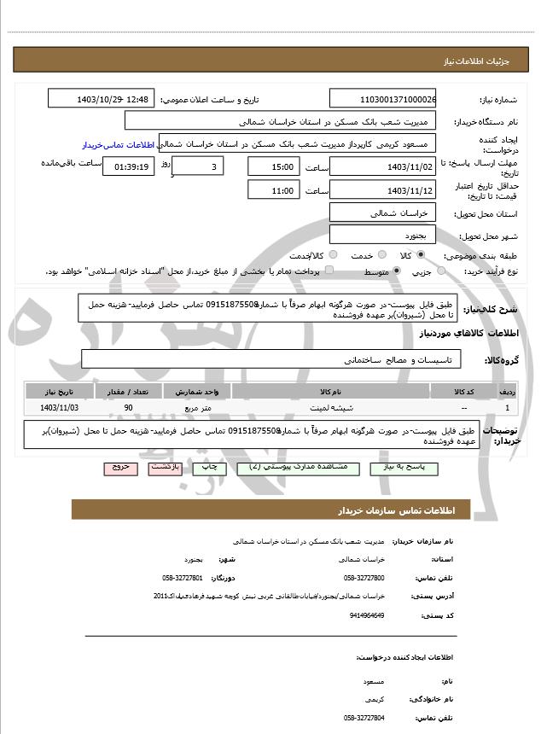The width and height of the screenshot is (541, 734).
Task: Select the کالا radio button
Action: click(x=421, y=255)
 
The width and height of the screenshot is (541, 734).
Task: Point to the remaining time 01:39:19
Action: click(x=129, y=166)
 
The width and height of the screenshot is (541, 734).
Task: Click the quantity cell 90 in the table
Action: click(x=128, y=408)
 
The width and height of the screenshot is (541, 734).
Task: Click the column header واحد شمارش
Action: click(x=203, y=391)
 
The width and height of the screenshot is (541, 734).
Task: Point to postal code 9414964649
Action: click(x=368, y=615)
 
